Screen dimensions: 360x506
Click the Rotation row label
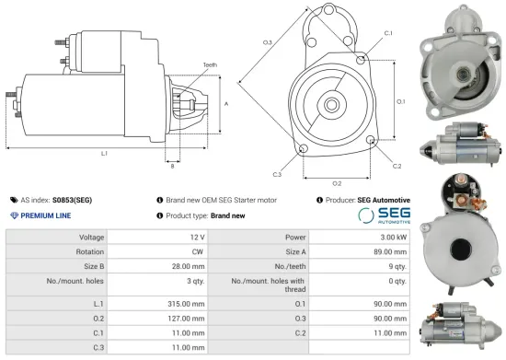pyautogui.click(x=88, y=251)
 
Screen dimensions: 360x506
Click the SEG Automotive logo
pyautogui.click(x=384, y=215)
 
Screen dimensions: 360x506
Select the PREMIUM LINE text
pyautogui.click(x=47, y=215)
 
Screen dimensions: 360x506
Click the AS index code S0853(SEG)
pyautogui.click(x=72, y=199)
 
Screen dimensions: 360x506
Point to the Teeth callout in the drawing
pyautogui.click(x=211, y=64)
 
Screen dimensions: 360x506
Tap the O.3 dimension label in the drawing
pyautogui.click(x=267, y=42)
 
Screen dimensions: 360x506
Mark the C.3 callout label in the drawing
pyautogui.click(x=277, y=173)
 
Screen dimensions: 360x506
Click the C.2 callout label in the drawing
pyautogui.click(x=397, y=166)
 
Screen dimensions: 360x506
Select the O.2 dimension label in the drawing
pyautogui.click(x=337, y=183)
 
